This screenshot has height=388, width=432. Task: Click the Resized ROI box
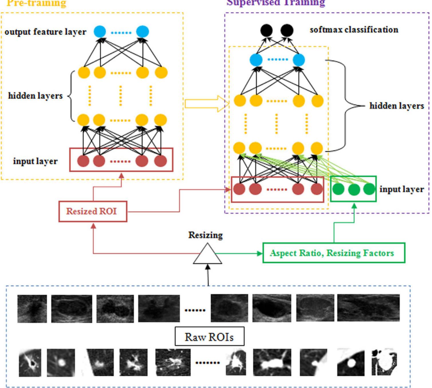coord(92,211)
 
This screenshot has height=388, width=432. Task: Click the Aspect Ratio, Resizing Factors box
coord(334,253)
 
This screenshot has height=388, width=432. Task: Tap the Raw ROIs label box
coord(209,336)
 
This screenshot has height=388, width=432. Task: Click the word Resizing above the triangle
coord(205,235)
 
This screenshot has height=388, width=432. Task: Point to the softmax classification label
coord(354,30)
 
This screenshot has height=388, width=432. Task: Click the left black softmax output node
coord(267,30)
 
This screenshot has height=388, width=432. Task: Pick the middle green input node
coord(354,189)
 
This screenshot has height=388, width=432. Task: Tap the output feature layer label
coord(45,32)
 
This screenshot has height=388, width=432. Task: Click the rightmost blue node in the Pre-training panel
coord(143,31)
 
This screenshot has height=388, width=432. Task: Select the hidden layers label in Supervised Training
coord(396,106)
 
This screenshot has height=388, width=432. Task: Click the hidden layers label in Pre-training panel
coord(35,96)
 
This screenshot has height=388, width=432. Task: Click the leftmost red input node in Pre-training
coord(83,161)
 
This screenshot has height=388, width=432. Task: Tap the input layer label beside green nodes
coord(401,189)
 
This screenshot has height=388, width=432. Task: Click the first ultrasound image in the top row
coord(32,309)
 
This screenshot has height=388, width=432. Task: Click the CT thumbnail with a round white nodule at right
coord(351,362)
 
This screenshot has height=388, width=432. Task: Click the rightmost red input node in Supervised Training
coord(316,189)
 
